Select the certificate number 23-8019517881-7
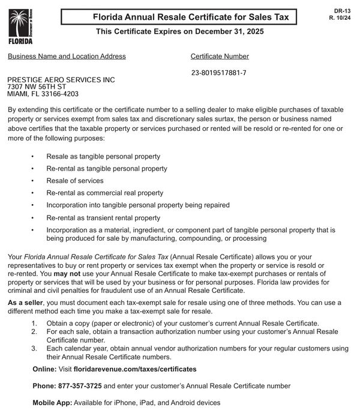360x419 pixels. pos(218,73)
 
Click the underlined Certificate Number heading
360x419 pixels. pos(220,56)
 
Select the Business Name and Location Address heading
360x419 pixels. pos(67,56)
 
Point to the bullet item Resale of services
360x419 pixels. pos(75,181)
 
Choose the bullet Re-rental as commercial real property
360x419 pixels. pos(104,193)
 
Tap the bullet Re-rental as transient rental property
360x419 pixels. pos(103,218)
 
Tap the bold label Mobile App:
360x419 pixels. pos(52,402)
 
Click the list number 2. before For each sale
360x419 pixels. pos(34,331)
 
